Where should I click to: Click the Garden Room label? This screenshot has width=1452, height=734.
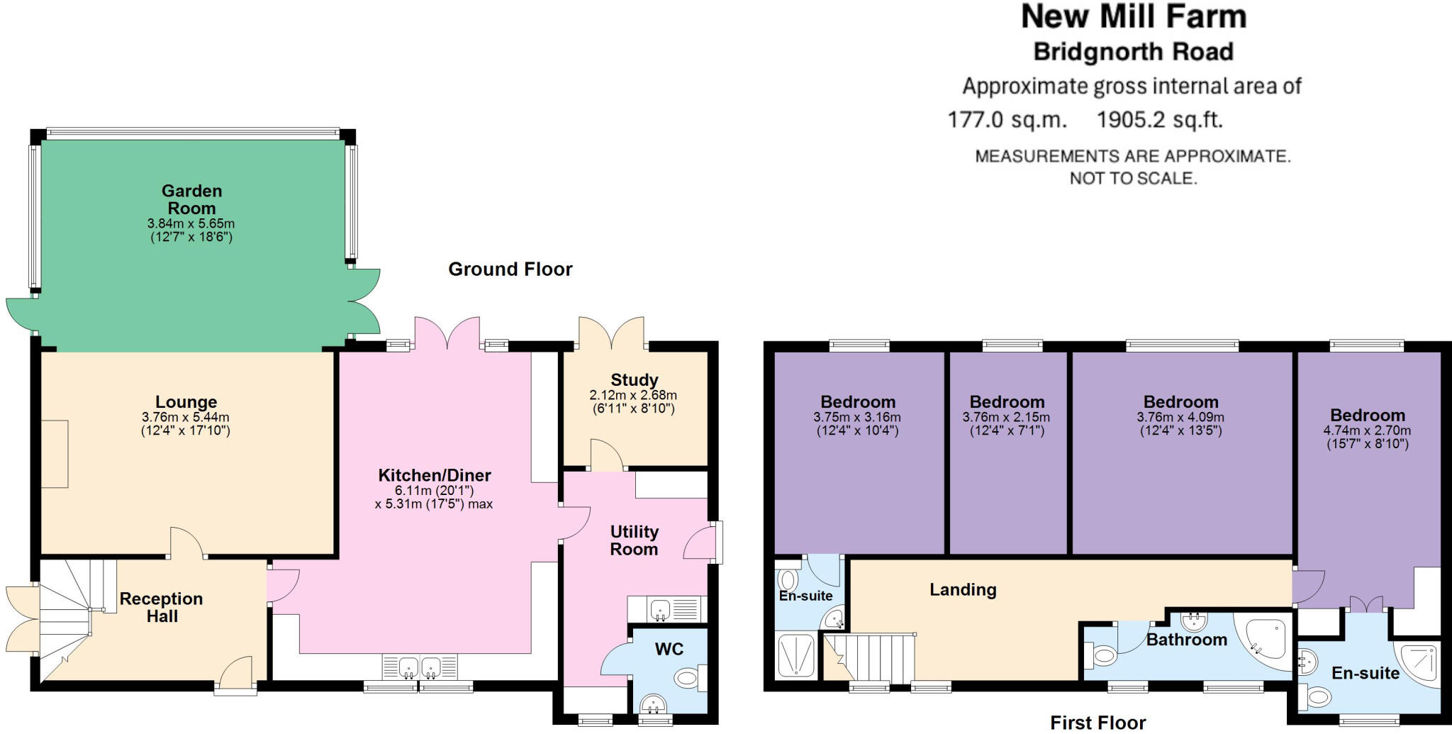pyautogui.click(x=191, y=199)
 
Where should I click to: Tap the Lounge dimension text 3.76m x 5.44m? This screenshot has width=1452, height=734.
pyautogui.click(x=186, y=418)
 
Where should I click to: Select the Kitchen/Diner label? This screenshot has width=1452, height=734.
pyautogui.click(x=435, y=475)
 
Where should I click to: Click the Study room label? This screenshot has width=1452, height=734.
pyautogui.click(x=635, y=380)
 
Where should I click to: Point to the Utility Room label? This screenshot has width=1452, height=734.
pyautogui.click(x=635, y=540)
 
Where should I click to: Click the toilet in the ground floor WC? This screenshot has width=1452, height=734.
pyautogui.click(x=689, y=678)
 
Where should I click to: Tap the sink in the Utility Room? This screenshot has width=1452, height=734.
pyautogui.click(x=661, y=609)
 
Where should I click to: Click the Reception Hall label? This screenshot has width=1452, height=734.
pyautogui.click(x=162, y=608)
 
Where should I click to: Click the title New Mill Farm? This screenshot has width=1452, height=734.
pyautogui.click(x=1134, y=17)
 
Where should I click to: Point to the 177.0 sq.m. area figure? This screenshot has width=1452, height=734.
pyautogui.click(x=1007, y=119)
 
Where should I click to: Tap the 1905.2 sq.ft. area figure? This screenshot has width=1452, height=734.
pyautogui.click(x=1160, y=119)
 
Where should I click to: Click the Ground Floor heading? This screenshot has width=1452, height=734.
pyautogui.click(x=510, y=269)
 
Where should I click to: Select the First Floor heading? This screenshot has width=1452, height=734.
pyautogui.click(x=1098, y=723)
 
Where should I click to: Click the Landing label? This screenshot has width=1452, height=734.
pyautogui.click(x=963, y=590)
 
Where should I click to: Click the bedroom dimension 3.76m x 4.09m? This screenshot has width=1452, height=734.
pyautogui.click(x=1180, y=418)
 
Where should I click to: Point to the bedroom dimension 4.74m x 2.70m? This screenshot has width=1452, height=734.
pyautogui.click(x=1367, y=431)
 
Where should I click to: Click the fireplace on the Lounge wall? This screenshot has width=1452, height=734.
pyautogui.click(x=55, y=454)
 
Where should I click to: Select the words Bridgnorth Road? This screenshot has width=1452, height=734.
pyautogui.click(x=1134, y=52)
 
